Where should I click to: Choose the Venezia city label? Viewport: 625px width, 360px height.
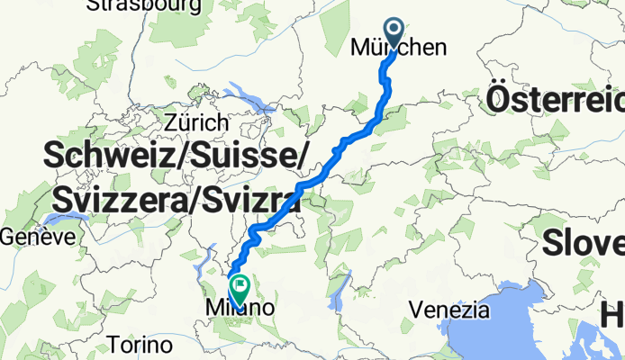coord(448,311)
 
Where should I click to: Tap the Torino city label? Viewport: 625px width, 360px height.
coord(139,345)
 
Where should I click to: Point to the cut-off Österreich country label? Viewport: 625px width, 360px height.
coord(554,99)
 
